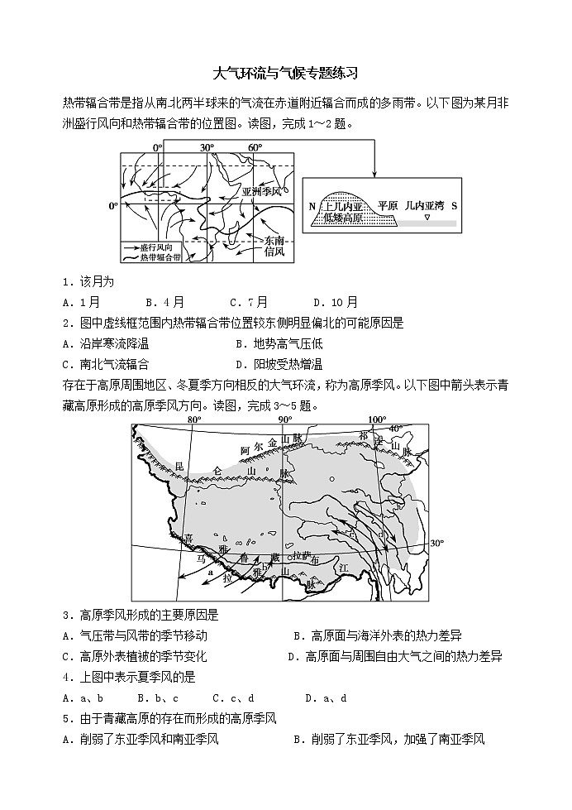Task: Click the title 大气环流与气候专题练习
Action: pyautogui.click(x=285, y=73)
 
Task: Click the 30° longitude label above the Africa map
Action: pyautogui.click(x=207, y=147)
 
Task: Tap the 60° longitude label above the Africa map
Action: pyautogui.click(x=255, y=147)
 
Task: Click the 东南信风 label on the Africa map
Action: pyautogui.click(x=274, y=246)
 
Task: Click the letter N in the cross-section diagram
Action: pyautogui.click(x=312, y=205)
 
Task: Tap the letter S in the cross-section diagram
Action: pyautogui.click(x=454, y=205)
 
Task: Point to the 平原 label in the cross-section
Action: pyautogui.click(x=387, y=204)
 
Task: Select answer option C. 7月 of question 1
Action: pyautogui.click(x=248, y=302)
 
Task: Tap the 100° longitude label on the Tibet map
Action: pyautogui.click(x=377, y=419)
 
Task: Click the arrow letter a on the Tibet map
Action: pyautogui.click(x=211, y=571)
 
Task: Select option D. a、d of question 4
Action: pyautogui.click(x=326, y=697)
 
